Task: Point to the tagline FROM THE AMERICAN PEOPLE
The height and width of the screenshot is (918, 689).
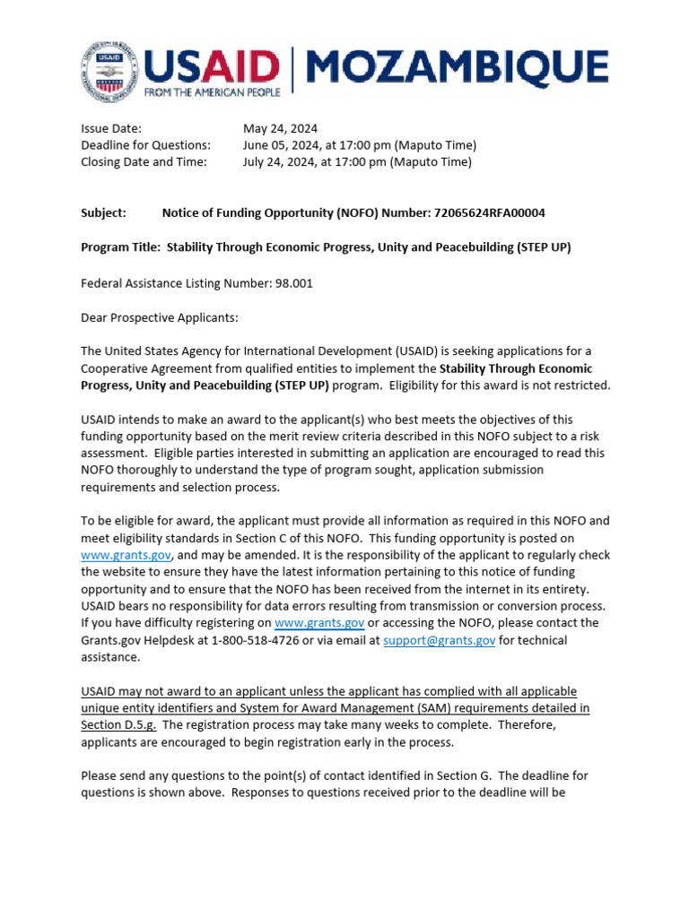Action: point(212,91)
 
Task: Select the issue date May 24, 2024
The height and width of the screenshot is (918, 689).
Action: point(280,128)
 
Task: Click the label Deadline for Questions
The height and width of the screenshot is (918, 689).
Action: point(145,145)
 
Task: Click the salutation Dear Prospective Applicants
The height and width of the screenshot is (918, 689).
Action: point(160,316)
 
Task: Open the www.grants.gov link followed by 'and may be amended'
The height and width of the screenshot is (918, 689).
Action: point(126,555)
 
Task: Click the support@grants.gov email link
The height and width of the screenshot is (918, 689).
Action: point(439,640)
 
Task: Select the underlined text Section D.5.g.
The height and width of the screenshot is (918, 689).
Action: point(118,724)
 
